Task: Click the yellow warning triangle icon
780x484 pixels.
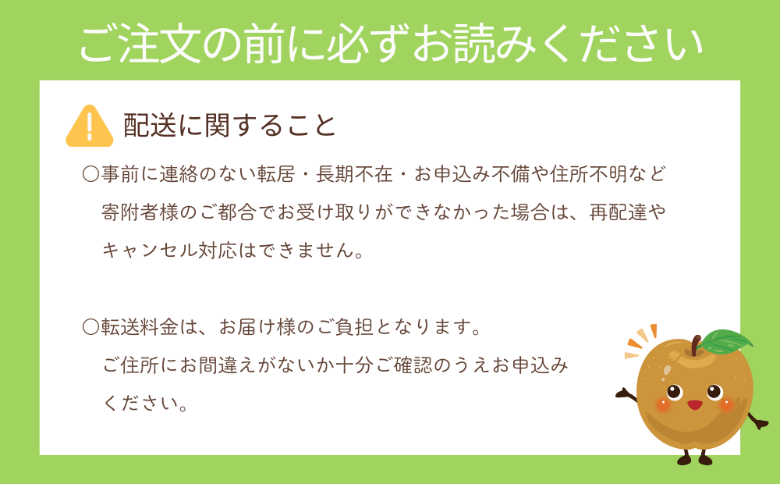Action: point(90,126)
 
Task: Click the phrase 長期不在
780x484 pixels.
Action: point(355,174)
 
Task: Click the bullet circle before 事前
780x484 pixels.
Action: point(91,174)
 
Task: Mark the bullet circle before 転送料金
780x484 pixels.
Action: point(91,327)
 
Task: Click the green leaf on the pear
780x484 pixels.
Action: point(725,342)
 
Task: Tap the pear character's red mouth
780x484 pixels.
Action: point(694,404)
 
